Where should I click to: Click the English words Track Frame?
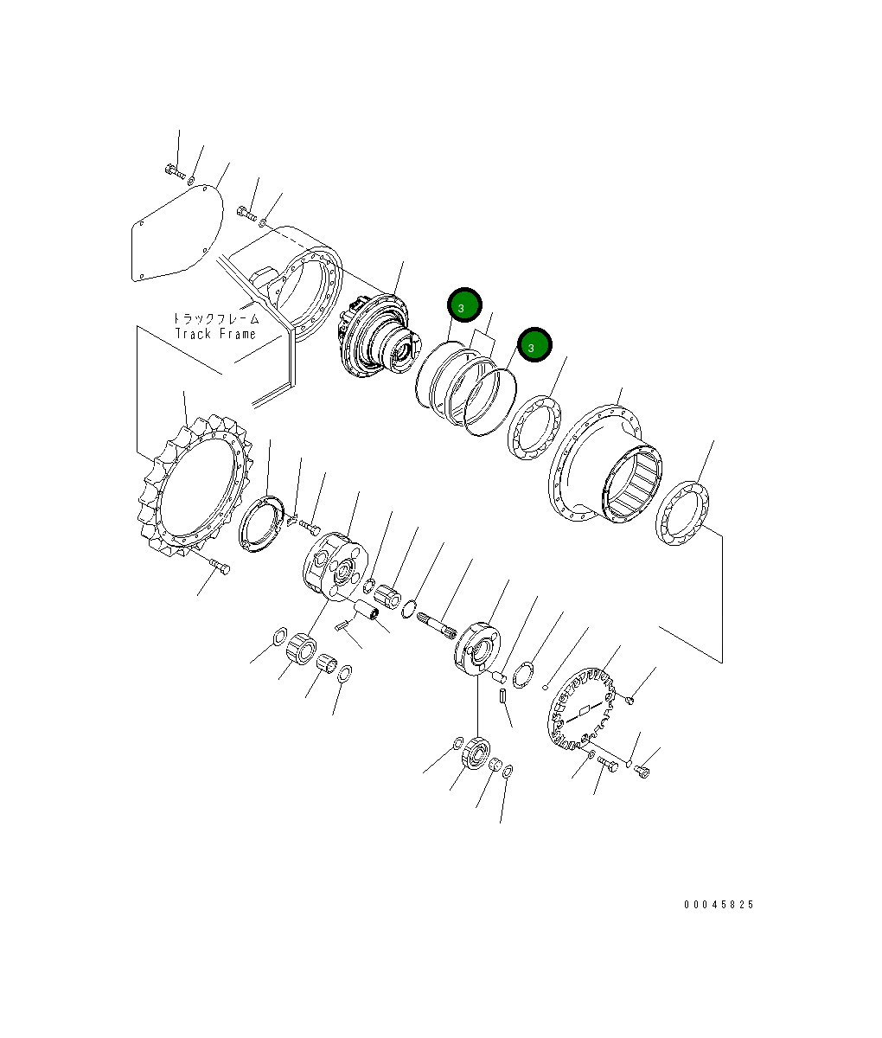click(x=215, y=334)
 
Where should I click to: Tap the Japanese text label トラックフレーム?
click(x=215, y=318)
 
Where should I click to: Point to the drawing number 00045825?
click(x=719, y=905)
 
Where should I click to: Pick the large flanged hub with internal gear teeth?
click(x=605, y=467)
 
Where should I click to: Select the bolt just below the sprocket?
click(x=220, y=568)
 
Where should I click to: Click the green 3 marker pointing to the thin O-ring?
click(x=534, y=345)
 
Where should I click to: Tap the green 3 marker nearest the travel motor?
click(x=463, y=305)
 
